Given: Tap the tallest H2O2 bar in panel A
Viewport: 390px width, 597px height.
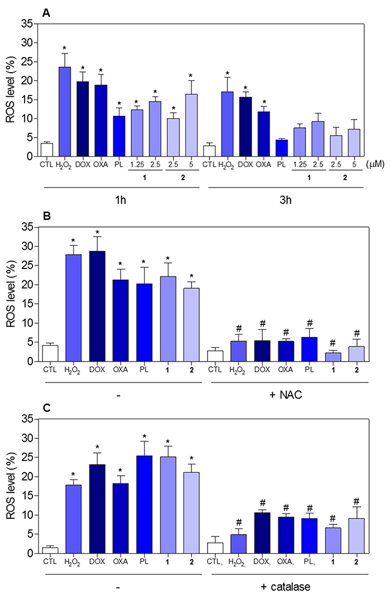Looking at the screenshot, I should click(65, 112).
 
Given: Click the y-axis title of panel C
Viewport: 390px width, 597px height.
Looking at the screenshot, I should click(10, 486).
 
